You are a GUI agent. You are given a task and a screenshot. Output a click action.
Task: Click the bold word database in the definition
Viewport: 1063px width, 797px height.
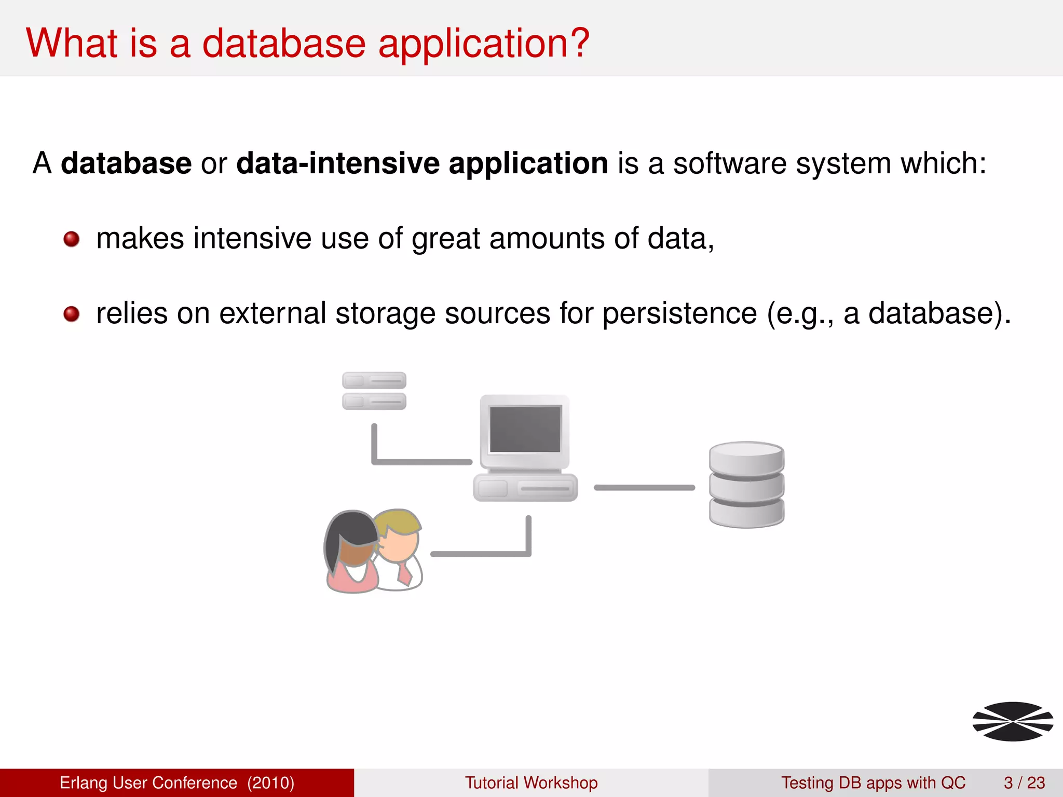(126, 163)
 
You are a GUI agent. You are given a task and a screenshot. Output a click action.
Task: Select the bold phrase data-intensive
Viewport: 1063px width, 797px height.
(338, 163)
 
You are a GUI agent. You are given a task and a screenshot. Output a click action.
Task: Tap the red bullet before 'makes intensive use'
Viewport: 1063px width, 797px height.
(72, 239)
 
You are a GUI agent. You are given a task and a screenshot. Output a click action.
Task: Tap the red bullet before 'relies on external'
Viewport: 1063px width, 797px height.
(72, 314)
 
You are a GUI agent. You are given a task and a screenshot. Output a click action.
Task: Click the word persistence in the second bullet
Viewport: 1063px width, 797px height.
(679, 314)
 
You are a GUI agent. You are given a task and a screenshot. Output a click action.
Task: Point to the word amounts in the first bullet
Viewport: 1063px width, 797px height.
(547, 239)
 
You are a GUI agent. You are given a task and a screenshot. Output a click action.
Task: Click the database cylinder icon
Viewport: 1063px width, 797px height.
(746, 485)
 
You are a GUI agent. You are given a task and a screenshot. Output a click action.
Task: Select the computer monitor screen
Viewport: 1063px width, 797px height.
(525, 429)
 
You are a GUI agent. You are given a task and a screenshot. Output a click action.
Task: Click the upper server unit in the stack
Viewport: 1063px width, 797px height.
(374, 380)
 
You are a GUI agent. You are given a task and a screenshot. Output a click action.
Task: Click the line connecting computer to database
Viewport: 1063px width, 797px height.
(644, 487)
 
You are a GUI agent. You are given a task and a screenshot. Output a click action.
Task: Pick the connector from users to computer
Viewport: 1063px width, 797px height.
(480, 554)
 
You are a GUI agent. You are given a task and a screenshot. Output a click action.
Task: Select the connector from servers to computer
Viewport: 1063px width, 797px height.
(420, 461)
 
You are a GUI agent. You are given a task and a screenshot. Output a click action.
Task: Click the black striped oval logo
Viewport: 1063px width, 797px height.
(1013, 721)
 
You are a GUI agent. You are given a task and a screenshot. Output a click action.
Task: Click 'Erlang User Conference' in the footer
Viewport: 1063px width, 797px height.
(148, 782)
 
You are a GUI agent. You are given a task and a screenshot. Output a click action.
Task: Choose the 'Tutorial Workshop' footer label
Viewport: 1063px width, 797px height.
(531, 782)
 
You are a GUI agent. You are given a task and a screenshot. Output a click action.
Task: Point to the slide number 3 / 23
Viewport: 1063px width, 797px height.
(1024, 782)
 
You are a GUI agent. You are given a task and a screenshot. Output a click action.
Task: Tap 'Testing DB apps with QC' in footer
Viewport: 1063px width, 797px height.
(873, 782)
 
